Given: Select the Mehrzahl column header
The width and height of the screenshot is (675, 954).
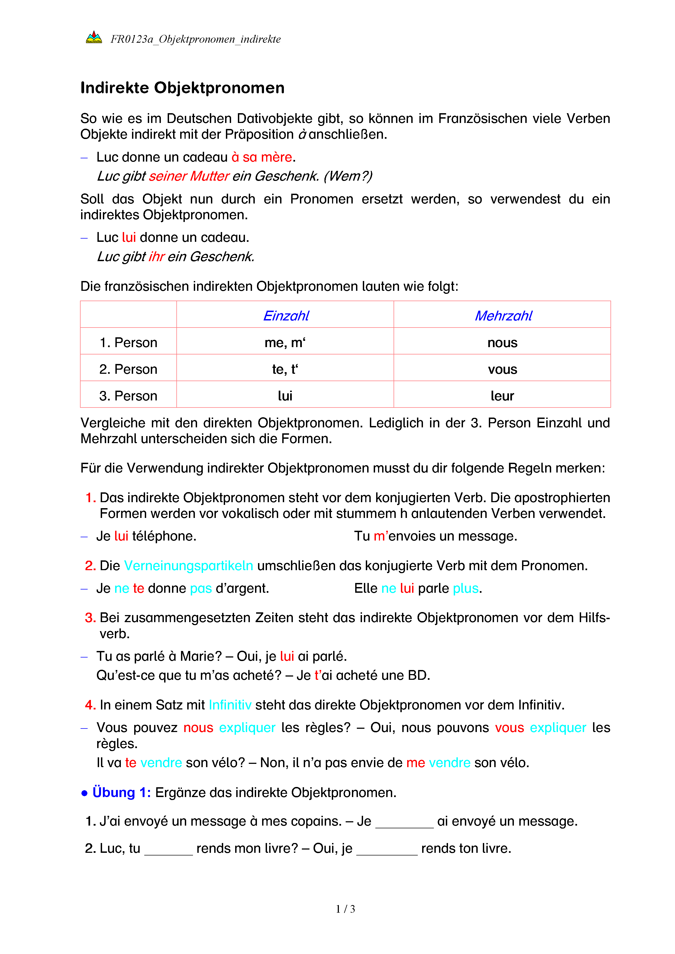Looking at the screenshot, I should [x=503, y=316].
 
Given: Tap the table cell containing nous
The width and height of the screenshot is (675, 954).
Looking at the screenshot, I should [x=502, y=343].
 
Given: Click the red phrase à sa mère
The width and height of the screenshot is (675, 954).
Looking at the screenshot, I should [x=262, y=157].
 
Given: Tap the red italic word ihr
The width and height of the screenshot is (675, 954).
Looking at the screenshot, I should [x=157, y=257].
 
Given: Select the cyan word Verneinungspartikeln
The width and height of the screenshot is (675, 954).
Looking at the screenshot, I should [x=188, y=566].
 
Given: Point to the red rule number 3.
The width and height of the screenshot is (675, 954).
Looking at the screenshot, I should [x=90, y=618].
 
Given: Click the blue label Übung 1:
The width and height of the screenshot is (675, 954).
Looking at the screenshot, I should [x=121, y=792].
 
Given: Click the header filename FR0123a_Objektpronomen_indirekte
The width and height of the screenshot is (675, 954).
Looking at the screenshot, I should [x=195, y=39].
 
